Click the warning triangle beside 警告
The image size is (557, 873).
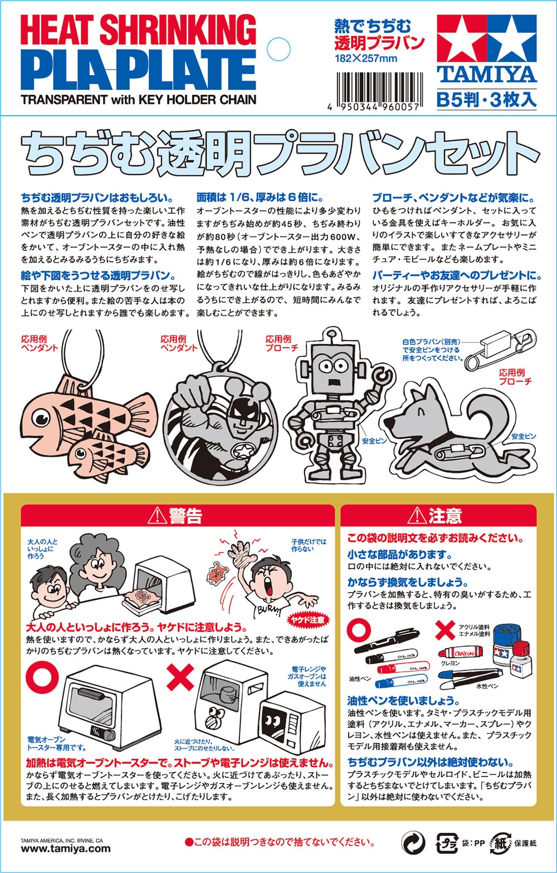click(x=157, y=516)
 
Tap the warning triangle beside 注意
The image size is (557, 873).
click(x=417, y=516)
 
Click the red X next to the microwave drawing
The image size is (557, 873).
click(x=180, y=677)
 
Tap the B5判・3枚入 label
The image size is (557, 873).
click(x=486, y=100)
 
